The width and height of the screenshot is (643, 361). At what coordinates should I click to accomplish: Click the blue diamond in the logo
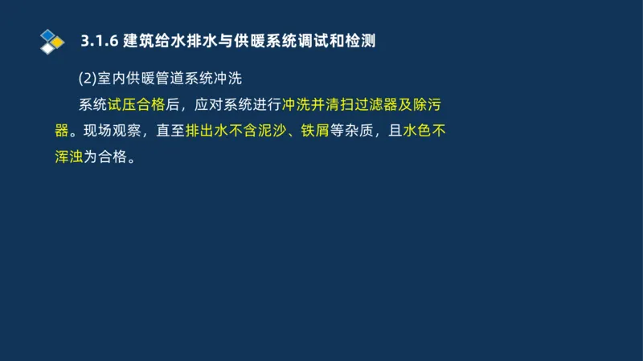coord(49,34)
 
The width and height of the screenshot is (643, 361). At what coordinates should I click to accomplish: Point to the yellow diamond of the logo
coord(58,41)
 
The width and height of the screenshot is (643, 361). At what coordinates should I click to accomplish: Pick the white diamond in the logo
coord(49,48)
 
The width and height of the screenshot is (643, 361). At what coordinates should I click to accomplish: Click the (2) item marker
coord(87,79)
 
